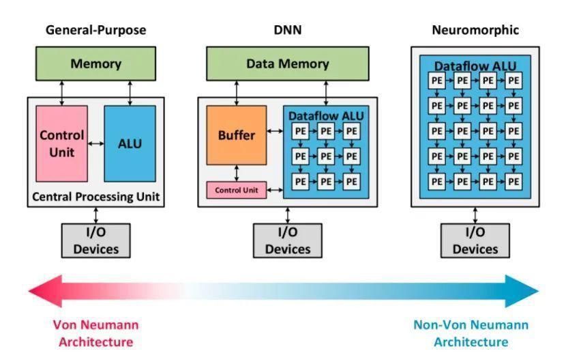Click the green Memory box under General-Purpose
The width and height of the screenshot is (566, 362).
tap(95, 64)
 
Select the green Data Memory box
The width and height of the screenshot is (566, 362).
tap(287, 64)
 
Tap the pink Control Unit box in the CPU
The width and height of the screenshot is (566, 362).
tap(61, 143)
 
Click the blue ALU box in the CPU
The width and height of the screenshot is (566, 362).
tap(130, 143)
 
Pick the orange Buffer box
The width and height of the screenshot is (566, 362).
tap(236, 135)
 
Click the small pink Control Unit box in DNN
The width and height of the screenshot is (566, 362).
tap(236, 190)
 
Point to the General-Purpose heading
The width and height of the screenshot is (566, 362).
tap(95, 30)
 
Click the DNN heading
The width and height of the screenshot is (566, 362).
tap(287, 30)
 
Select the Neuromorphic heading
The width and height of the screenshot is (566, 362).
tap(475, 30)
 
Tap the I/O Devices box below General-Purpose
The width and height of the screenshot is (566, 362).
tap(95, 240)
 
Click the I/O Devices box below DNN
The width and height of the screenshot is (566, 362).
tap(287, 240)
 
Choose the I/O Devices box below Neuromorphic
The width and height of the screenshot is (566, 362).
tap(475, 240)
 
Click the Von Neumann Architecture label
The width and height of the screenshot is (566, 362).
tap(95, 333)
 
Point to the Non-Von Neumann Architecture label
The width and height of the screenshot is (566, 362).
tap(471, 333)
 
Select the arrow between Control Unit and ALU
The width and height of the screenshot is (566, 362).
tap(95, 143)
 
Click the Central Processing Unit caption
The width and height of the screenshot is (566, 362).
tap(95, 197)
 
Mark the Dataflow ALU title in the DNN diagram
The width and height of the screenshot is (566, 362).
tap(326, 116)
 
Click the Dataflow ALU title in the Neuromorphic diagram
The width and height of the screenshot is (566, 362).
tap(475, 66)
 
